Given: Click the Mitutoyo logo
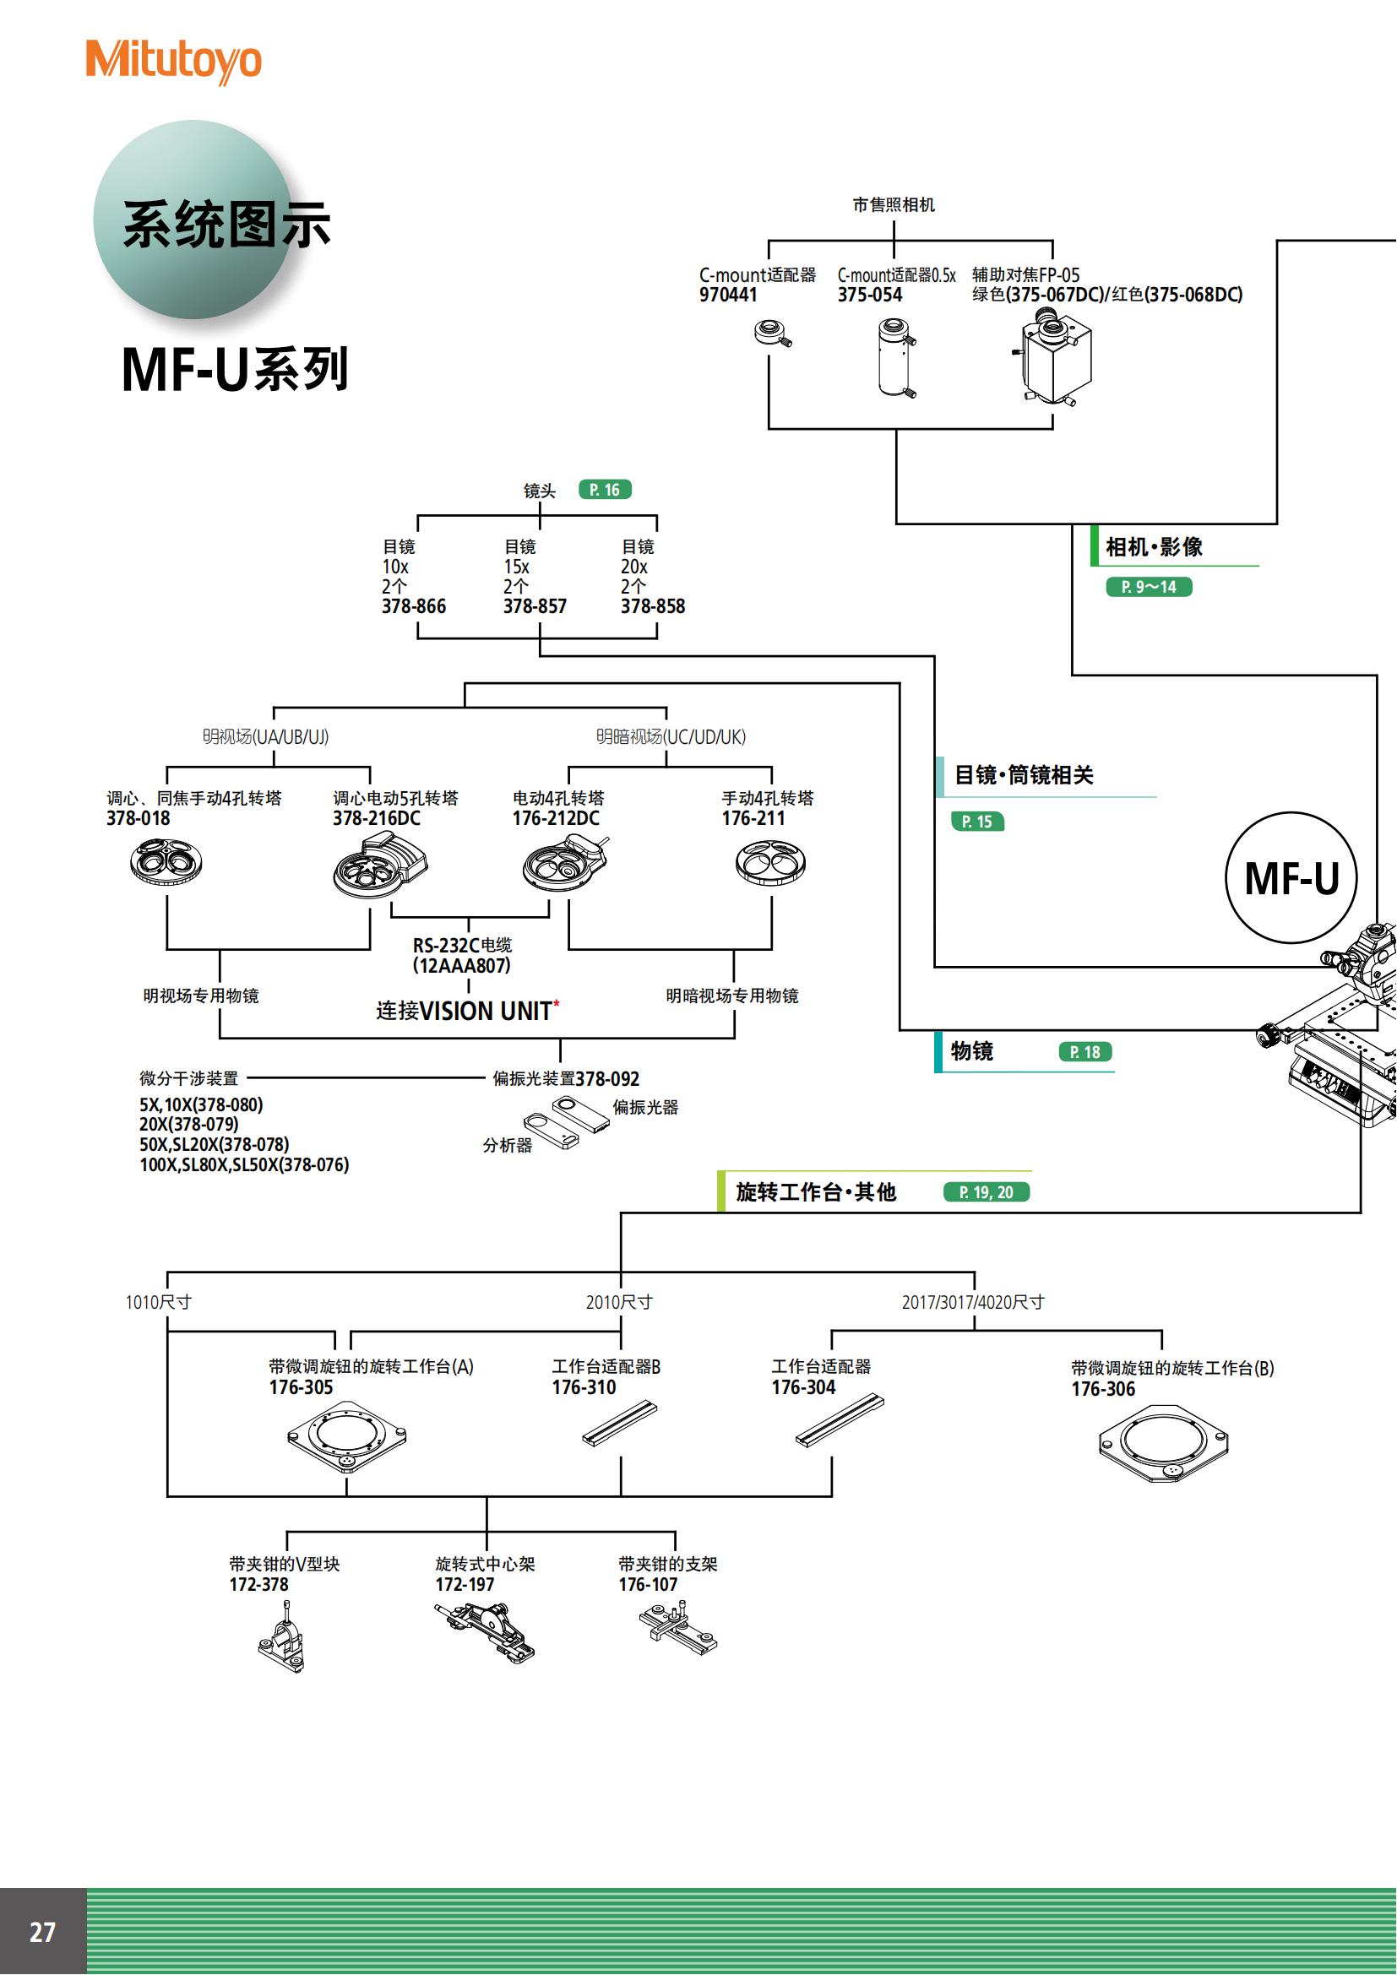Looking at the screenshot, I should click(x=173, y=61).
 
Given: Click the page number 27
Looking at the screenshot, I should click(x=42, y=1932).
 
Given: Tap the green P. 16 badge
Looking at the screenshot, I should click(x=605, y=490).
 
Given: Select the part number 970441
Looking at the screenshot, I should click(x=728, y=295).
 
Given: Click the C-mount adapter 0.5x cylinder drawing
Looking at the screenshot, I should click(x=895, y=357).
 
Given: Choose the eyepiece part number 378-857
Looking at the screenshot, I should click(x=534, y=606).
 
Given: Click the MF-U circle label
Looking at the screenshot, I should click(x=1291, y=878).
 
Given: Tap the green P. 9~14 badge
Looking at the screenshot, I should click(x=1149, y=587).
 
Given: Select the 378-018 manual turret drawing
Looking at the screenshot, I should click(x=166, y=862).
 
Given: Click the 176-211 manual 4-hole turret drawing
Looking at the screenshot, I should click(x=770, y=863).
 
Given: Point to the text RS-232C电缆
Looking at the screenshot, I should click(x=462, y=945).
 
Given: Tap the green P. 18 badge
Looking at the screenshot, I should click(x=1084, y=1051).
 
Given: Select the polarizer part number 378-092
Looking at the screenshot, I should click(x=607, y=1078).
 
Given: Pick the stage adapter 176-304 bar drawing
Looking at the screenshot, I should click(x=839, y=1420).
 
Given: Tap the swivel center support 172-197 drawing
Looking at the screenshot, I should click(x=485, y=1629).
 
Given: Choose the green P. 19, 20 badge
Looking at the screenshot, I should click(x=986, y=1191).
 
